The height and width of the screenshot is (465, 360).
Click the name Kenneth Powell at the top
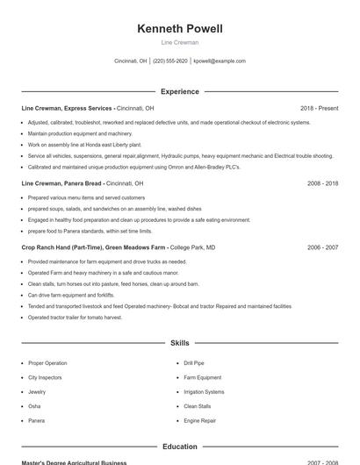pyautogui.click(x=180, y=29)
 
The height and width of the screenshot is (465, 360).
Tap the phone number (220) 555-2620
pyautogui.click(x=170, y=61)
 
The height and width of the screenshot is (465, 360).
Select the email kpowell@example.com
pyautogui.click(x=220, y=61)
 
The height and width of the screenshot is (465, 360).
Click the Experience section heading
pyautogui.click(x=180, y=91)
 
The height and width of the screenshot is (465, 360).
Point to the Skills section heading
pyautogui.click(x=180, y=343)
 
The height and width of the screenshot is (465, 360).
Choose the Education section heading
pyautogui.click(x=180, y=447)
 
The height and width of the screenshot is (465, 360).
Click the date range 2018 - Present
pyautogui.click(x=319, y=108)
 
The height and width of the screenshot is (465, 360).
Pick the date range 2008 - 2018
pyautogui.click(x=322, y=183)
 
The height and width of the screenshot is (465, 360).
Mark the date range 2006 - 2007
pyautogui.click(x=322, y=247)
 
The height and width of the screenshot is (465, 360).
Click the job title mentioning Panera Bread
pyautogui.click(x=82, y=183)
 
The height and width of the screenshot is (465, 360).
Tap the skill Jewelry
pyautogui.click(x=37, y=392)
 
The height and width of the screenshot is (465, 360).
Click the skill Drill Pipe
pyautogui.click(x=194, y=363)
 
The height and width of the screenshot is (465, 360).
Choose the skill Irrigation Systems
pyautogui.click(x=204, y=392)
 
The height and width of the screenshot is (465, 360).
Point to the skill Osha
pyautogui.click(x=34, y=406)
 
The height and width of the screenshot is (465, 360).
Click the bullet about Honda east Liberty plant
pyautogui.click(x=84, y=145)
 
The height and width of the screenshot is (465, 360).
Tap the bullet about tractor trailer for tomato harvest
pyautogui.click(x=75, y=318)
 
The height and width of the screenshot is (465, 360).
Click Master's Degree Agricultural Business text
pyautogui.click(x=74, y=462)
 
